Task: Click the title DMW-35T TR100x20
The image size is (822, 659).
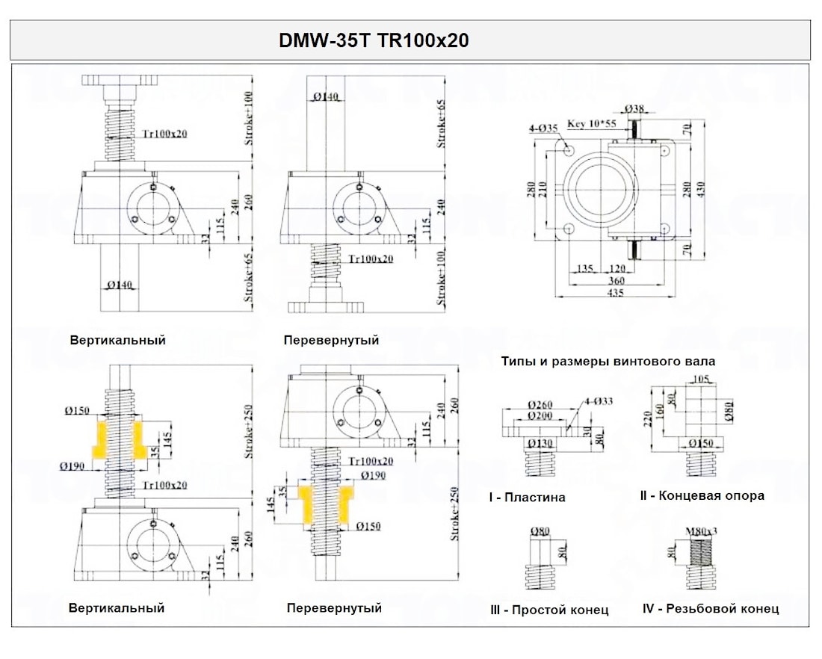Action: point(374,40)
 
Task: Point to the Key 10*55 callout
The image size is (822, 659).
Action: point(592,124)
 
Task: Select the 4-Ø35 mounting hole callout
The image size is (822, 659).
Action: point(544,128)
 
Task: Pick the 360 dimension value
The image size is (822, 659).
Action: point(615,281)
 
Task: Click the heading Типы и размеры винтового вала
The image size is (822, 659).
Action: point(608,361)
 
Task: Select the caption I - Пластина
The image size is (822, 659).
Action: point(527,497)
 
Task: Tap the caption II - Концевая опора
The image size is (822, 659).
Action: point(702,495)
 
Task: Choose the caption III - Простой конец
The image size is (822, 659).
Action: point(549,610)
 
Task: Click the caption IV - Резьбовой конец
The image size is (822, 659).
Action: point(710,608)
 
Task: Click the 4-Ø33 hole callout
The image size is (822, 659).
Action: point(599,402)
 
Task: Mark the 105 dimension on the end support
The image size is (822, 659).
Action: point(700,380)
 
